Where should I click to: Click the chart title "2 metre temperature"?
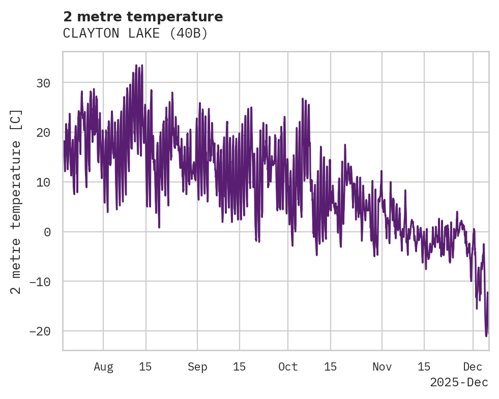point(143,17)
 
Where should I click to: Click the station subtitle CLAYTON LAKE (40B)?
point(135,34)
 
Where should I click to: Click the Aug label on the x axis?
point(103,367)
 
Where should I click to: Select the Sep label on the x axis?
point(197,367)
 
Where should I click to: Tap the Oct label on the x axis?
point(288,367)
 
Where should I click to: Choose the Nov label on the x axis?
point(382,367)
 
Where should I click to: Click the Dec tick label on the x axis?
point(473,367)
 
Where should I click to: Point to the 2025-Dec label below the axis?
point(459,382)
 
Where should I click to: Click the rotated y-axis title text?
point(16,201)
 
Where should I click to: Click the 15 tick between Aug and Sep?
point(145,367)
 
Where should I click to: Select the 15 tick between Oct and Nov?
point(330,367)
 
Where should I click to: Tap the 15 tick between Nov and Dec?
point(424,367)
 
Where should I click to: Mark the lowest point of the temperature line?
point(486,336)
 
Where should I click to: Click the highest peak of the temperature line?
point(136,65)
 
